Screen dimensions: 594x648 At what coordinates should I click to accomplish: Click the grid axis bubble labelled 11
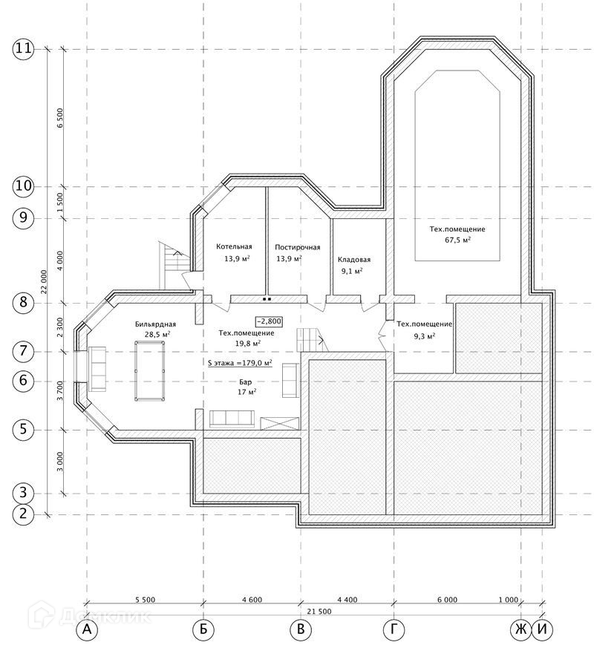click(x=23, y=49)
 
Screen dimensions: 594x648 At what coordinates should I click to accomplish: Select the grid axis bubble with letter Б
click(x=203, y=630)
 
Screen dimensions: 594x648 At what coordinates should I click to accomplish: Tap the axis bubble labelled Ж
click(x=520, y=630)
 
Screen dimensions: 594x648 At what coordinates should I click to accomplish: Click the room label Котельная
click(x=234, y=246)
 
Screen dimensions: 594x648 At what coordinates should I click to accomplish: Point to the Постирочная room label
click(x=298, y=247)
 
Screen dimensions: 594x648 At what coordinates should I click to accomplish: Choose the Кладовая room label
click(x=354, y=260)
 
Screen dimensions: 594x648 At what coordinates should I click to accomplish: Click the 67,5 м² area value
click(x=458, y=240)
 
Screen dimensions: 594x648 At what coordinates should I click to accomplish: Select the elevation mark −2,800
click(x=269, y=321)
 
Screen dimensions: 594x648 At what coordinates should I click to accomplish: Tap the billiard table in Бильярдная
click(x=149, y=370)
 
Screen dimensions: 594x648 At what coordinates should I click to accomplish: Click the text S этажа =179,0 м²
click(x=240, y=363)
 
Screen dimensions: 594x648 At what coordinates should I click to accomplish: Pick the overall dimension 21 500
click(x=319, y=612)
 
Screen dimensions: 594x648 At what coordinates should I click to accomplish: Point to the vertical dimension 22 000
click(x=45, y=282)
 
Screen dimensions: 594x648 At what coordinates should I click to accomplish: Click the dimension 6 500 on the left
click(x=60, y=118)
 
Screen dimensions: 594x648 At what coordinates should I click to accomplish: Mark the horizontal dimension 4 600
click(x=252, y=600)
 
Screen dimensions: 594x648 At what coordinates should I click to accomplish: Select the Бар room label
click(x=245, y=382)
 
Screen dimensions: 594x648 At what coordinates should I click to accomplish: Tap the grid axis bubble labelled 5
click(x=23, y=429)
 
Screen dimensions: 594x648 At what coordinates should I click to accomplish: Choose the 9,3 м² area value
click(x=425, y=336)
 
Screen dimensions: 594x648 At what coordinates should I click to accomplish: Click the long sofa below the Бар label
click(x=232, y=419)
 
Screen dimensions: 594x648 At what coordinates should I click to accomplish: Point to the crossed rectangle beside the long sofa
click(x=279, y=424)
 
